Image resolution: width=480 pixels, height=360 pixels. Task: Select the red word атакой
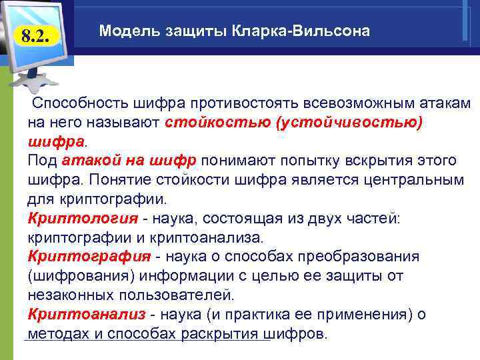[85, 161]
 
